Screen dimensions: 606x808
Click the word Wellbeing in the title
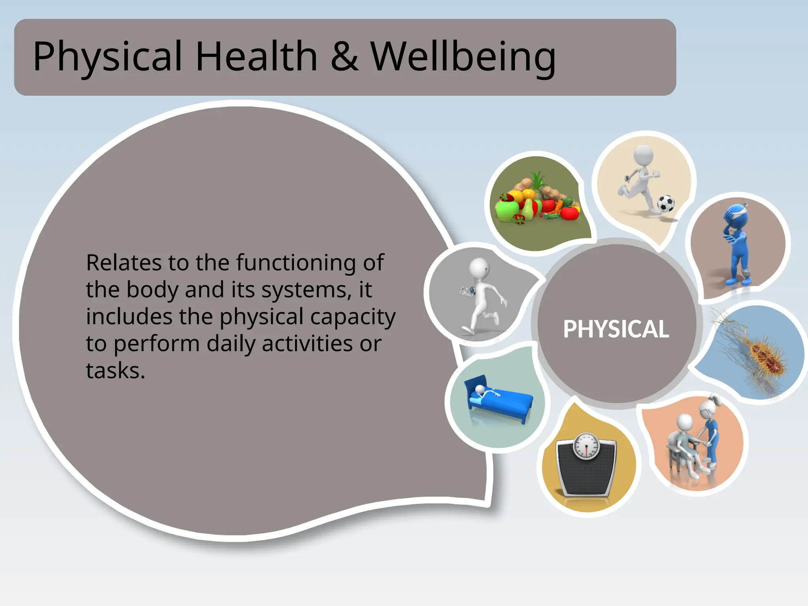point(463,57)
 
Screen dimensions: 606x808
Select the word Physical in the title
point(107,57)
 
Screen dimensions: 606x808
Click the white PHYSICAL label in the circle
point(616,329)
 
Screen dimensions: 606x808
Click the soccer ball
point(666,204)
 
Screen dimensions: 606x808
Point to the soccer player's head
point(643,155)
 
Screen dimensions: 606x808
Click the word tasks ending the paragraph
point(115,371)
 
